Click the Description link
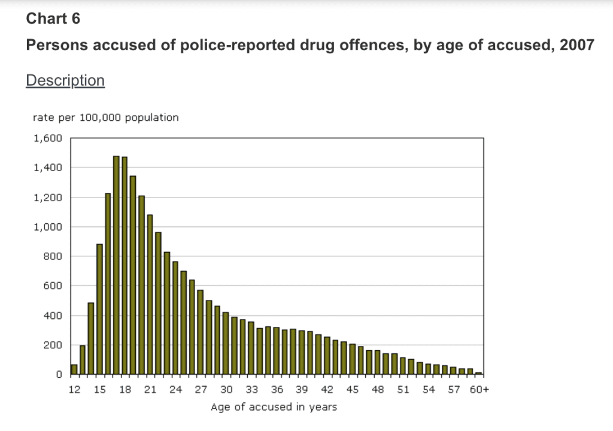[65, 80]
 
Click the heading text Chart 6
[53, 19]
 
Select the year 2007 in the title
[576, 46]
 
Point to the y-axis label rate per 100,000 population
[105, 117]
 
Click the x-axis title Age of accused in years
[274, 407]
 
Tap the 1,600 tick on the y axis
[48, 138]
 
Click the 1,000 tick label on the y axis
[48, 227]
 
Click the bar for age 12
[74, 369]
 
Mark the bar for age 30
[226, 344]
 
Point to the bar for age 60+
[478, 374]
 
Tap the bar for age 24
[175, 318]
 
